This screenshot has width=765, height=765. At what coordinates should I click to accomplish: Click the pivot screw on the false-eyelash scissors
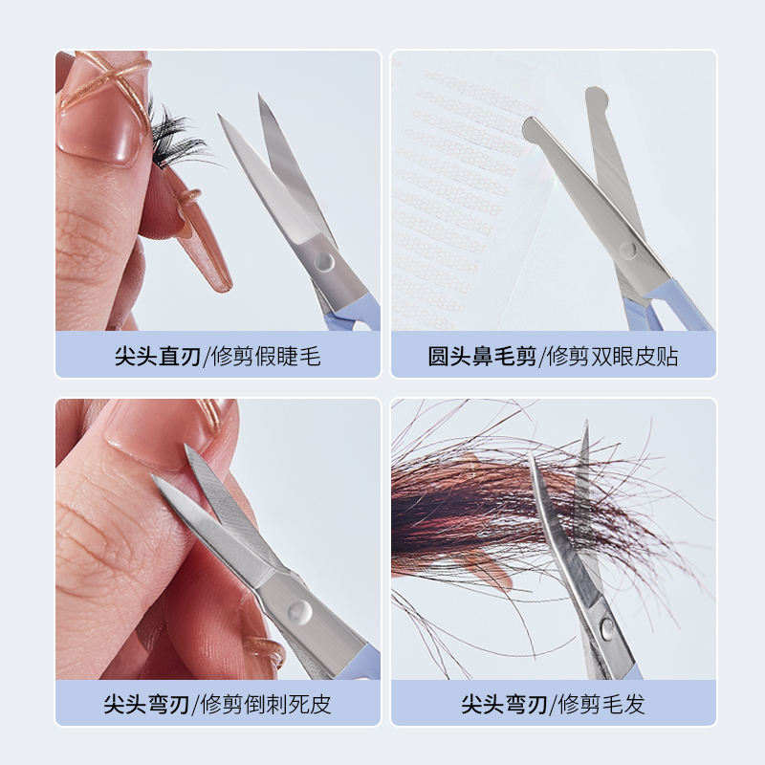(324, 261)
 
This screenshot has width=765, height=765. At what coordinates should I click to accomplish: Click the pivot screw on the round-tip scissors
(628, 251)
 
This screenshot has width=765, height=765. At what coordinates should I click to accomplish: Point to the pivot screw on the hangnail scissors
(299, 612)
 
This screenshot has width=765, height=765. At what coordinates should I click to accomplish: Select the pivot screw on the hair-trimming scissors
(607, 628)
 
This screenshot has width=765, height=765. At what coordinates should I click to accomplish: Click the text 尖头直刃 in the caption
(158, 356)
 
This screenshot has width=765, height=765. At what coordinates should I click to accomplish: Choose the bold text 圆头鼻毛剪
(482, 356)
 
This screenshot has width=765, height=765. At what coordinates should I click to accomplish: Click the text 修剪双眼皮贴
(613, 356)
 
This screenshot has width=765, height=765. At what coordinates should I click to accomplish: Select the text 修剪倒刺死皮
(266, 704)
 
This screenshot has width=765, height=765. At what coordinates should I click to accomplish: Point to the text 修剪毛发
(601, 704)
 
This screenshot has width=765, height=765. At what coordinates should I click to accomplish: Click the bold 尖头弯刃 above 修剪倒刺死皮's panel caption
(146, 704)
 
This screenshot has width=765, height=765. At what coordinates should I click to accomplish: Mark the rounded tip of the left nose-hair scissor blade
(531, 128)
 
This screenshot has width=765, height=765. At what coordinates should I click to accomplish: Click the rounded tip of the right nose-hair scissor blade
(596, 97)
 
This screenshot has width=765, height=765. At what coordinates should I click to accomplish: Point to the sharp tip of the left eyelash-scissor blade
(219, 116)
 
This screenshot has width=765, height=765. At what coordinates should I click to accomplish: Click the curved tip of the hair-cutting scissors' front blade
(531, 456)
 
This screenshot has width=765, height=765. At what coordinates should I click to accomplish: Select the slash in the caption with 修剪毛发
(553, 705)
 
